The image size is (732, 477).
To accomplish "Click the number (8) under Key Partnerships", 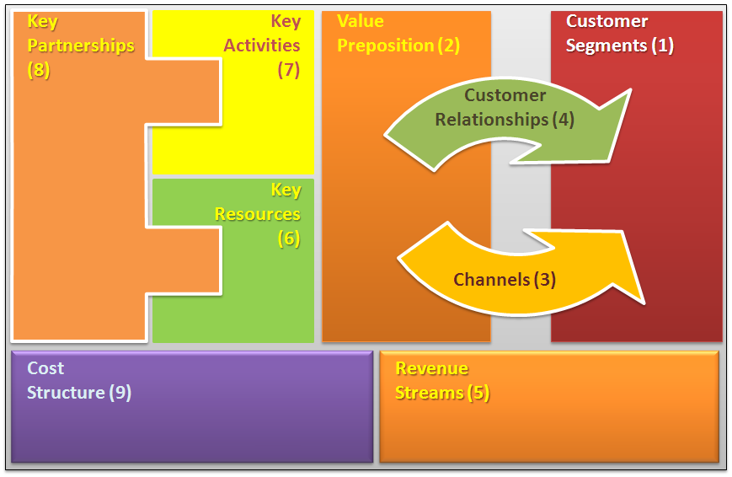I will (39, 70).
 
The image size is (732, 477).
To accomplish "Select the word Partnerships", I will (81, 46).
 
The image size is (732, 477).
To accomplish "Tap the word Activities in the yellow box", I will (262, 46).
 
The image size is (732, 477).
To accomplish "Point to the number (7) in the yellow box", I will (289, 70).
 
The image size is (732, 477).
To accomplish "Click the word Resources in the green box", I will (257, 214).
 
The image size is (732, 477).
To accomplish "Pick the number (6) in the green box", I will (289, 238).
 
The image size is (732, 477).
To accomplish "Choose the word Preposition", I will (385, 46).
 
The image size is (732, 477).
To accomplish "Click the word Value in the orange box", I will (361, 21).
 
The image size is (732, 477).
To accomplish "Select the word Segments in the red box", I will (606, 46).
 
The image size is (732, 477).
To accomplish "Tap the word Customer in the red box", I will (606, 21).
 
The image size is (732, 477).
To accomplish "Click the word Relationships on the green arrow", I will (491, 120).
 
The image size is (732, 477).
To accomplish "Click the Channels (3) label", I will (505, 280).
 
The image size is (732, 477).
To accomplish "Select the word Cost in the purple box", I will (45, 368).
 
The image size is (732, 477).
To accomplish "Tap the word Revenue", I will (431, 368).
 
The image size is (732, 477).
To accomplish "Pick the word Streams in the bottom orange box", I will (429, 393).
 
